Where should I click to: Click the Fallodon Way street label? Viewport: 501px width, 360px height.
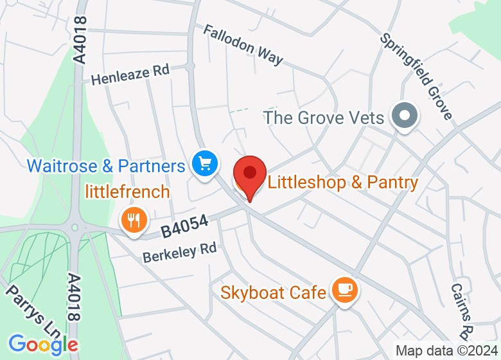click(x=243, y=45)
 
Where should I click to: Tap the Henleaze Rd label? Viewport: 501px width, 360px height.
click(x=129, y=75)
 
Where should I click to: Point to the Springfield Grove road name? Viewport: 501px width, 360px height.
click(x=416, y=76)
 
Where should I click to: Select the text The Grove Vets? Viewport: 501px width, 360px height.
click(x=324, y=118)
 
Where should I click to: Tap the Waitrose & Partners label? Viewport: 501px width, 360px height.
click(x=106, y=166)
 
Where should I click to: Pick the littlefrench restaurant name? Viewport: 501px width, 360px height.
click(x=128, y=191)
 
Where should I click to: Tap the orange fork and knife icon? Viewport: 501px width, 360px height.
click(x=134, y=221)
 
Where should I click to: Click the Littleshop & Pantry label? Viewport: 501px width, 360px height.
click(x=342, y=183)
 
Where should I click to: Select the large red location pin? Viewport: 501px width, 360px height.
click(x=249, y=175)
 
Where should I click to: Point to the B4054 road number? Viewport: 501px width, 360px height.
click(x=185, y=226)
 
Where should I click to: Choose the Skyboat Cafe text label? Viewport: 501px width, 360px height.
click(x=273, y=292)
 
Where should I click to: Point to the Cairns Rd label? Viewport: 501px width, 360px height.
click(x=461, y=312)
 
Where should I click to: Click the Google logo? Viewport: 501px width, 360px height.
click(x=43, y=345)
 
